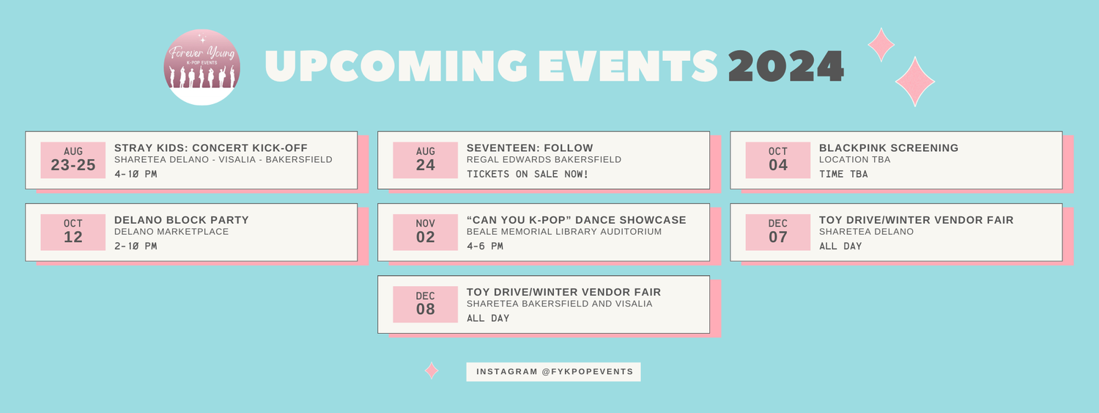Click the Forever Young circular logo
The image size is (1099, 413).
point(201,67)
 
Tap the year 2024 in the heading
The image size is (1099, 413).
point(786,66)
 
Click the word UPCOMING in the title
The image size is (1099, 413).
point(396,66)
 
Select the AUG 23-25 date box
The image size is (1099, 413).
point(73,160)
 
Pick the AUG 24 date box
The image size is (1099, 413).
point(426,160)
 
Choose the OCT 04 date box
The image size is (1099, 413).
point(778,160)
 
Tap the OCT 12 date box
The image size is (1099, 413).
point(73,233)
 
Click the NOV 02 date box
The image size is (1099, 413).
point(426,233)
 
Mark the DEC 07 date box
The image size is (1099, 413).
point(778,233)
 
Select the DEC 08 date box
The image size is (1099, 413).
point(426,304)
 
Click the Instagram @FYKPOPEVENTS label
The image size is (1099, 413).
point(553,372)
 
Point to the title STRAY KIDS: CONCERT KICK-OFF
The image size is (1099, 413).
point(211,148)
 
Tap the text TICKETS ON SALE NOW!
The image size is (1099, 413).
point(528,174)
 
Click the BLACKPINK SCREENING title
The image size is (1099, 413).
point(889,148)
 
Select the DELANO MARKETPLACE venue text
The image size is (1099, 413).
point(171,231)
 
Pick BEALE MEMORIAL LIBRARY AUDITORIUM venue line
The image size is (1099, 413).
point(564,231)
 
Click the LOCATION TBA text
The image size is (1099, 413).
point(855,160)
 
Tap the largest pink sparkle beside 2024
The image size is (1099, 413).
point(915,81)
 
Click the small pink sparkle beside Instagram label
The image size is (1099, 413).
point(432,370)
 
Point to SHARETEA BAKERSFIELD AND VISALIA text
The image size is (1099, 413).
point(559,304)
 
